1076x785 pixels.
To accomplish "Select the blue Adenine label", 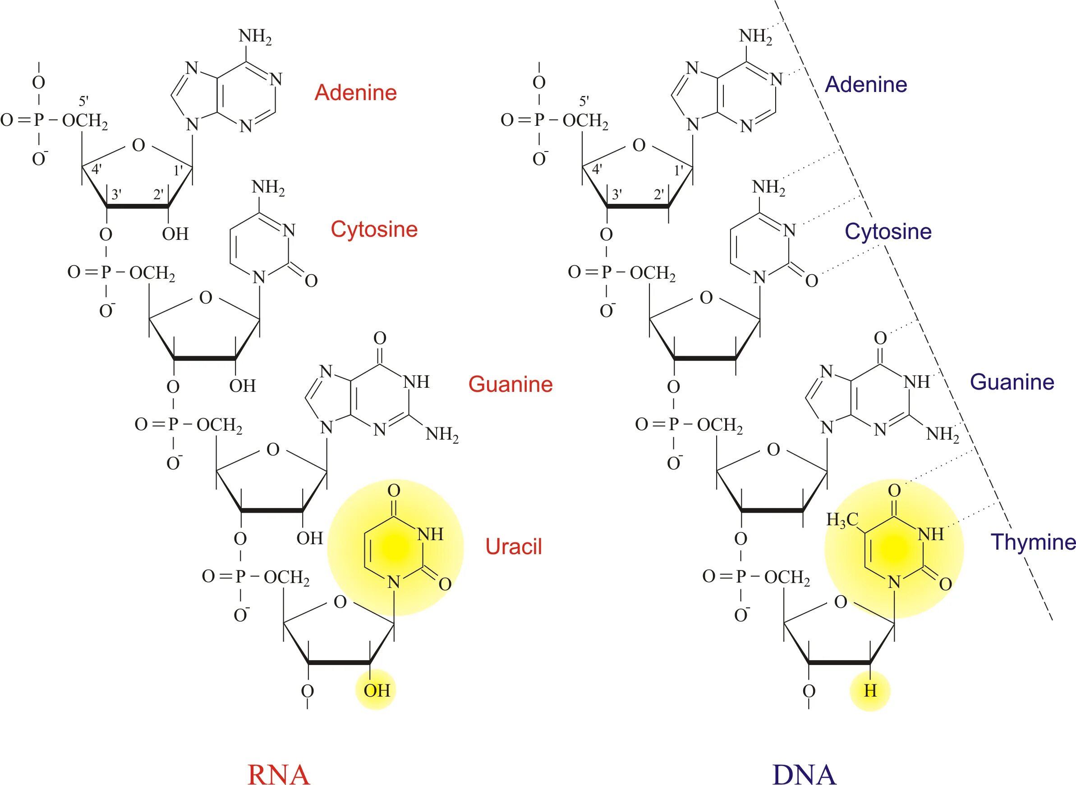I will [866, 84].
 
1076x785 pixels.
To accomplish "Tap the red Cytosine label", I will [374, 229].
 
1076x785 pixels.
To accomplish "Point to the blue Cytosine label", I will [888, 231].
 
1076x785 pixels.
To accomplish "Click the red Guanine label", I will [510, 384].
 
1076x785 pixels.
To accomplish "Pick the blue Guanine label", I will [1012, 381].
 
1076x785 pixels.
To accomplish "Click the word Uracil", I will [513, 546].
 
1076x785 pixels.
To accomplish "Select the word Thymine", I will [1033, 542].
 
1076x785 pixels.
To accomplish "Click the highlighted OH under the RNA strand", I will [377, 690].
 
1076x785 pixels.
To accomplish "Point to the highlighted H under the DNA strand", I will [870, 690].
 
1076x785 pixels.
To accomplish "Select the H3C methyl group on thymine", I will [842, 520].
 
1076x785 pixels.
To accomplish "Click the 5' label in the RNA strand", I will [83, 101].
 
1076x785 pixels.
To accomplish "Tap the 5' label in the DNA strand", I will [584, 101].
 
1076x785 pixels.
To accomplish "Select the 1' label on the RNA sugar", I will [178, 170].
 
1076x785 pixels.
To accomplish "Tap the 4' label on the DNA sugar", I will [597, 168].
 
